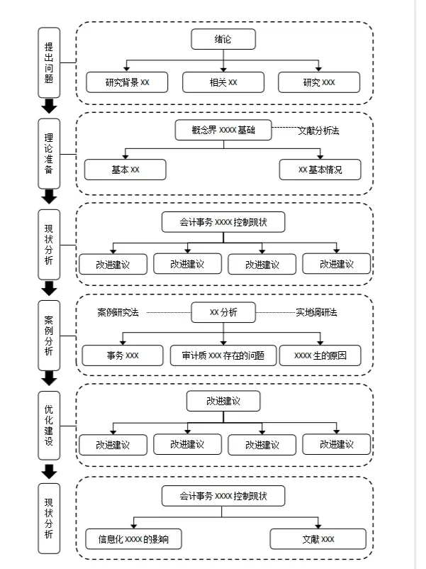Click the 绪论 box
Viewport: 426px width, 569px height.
pos(223,39)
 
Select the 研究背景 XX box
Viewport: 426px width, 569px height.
pos(127,82)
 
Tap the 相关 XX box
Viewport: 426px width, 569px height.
pos(223,82)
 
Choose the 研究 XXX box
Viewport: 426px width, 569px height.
pos(319,82)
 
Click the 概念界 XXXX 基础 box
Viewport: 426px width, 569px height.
pos(223,130)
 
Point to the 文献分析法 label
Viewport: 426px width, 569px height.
pos(319,131)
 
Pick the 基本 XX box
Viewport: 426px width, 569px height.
pos(125,170)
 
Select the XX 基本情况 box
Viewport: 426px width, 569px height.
pos(320,170)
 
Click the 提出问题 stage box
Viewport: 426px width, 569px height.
pos(49,62)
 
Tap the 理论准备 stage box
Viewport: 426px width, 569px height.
pos(49,153)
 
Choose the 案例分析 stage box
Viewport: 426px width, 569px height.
pos(49,336)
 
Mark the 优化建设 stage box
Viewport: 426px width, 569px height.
pos(49,425)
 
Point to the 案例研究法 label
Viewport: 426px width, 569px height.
pos(118,312)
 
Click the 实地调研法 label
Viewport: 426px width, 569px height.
pos(317,312)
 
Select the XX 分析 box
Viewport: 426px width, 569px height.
pos(223,312)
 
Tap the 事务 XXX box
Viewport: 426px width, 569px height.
pos(123,355)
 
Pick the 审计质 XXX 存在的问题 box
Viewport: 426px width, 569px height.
pos(223,355)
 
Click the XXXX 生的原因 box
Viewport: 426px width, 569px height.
pos(320,355)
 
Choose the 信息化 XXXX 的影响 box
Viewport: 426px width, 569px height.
pos(133,539)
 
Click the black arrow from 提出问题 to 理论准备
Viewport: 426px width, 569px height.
pos(49,106)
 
